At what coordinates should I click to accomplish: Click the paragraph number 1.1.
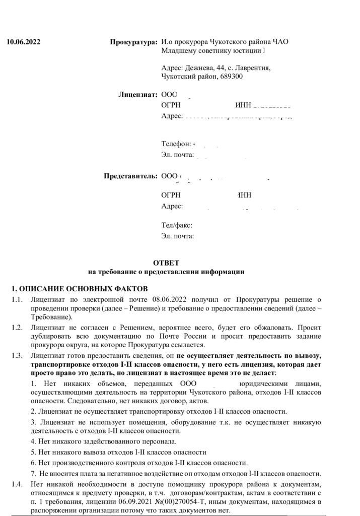coord(18,300)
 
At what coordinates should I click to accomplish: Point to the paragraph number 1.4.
coord(18,484)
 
